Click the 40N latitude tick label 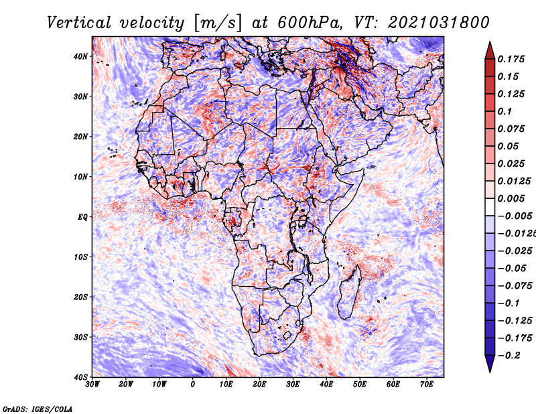(x=80, y=56)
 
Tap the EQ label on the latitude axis (x=82, y=217)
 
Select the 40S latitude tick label (x=80, y=377)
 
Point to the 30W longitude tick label (x=92, y=385)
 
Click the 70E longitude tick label (x=426, y=385)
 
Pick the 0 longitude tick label (x=193, y=385)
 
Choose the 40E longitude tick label (x=326, y=385)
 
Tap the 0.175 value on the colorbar (x=511, y=59)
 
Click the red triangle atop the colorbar (x=489, y=47)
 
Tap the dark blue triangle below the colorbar (x=489, y=366)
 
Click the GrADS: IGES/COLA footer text (x=38, y=408)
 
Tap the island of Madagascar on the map (x=348, y=295)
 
